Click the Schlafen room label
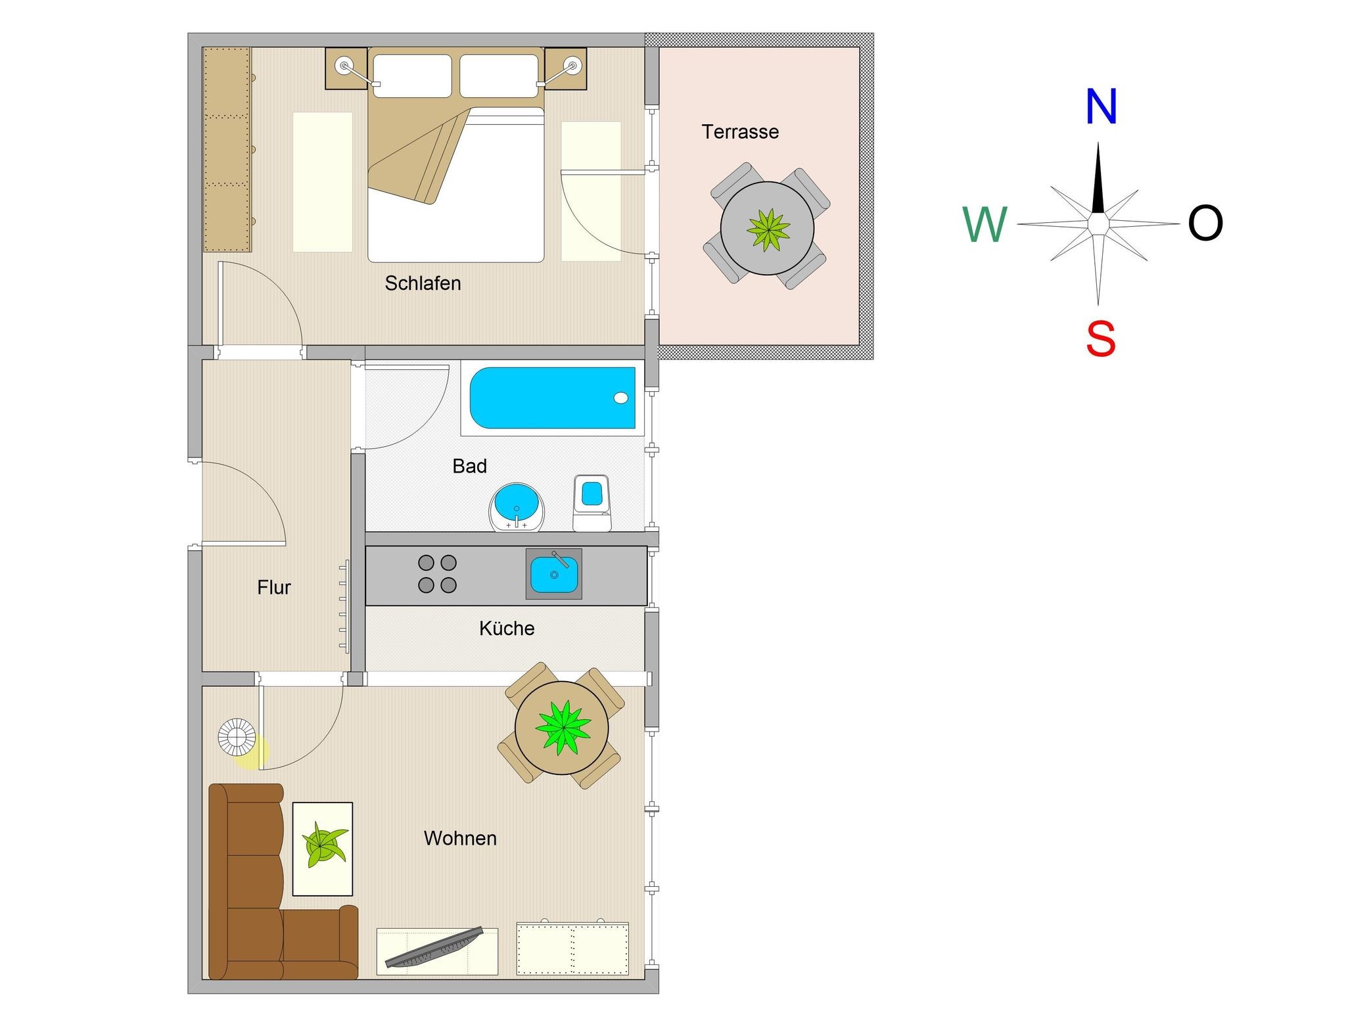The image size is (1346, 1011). click(423, 283)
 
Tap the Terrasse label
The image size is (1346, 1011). click(740, 131)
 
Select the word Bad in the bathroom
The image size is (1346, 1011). click(469, 466)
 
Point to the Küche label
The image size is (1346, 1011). click(507, 628)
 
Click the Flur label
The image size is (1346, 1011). click(274, 587)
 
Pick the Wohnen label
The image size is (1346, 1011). click(460, 838)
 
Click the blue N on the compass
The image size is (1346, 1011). click(1101, 106)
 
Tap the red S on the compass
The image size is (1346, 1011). click(1101, 339)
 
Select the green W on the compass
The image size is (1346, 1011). click(985, 224)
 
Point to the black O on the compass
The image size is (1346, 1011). click(1205, 223)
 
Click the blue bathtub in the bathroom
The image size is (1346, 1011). click(553, 398)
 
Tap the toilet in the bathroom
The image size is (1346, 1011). click(592, 503)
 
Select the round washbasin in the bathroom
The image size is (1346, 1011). click(517, 507)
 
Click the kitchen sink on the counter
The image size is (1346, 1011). click(554, 574)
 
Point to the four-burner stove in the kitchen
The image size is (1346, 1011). click(438, 574)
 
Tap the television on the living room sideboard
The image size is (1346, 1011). click(434, 947)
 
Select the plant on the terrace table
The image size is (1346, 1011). click(768, 229)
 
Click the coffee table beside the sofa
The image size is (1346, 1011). click(323, 849)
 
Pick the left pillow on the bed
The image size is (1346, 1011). click(412, 76)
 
